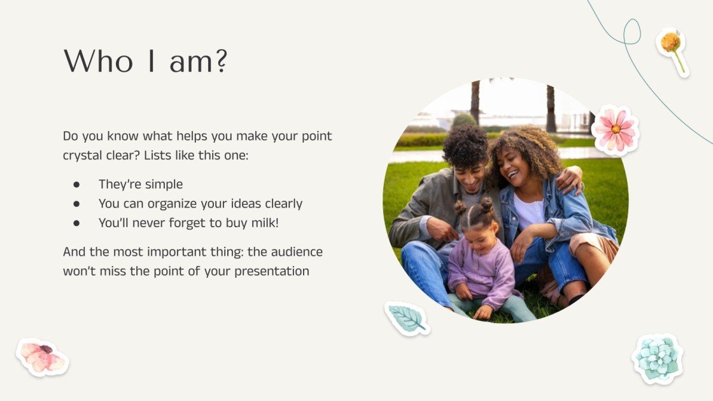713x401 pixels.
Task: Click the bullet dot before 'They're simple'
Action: tap(76, 185)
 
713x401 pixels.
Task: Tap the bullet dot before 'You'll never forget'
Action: tap(76, 223)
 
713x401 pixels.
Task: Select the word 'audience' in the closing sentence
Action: tap(295, 251)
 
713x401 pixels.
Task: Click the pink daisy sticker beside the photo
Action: tap(615, 130)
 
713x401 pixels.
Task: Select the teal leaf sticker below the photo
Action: tap(406, 318)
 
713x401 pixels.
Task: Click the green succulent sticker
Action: tap(657, 358)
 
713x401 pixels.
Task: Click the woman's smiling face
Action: tap(515, 166)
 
